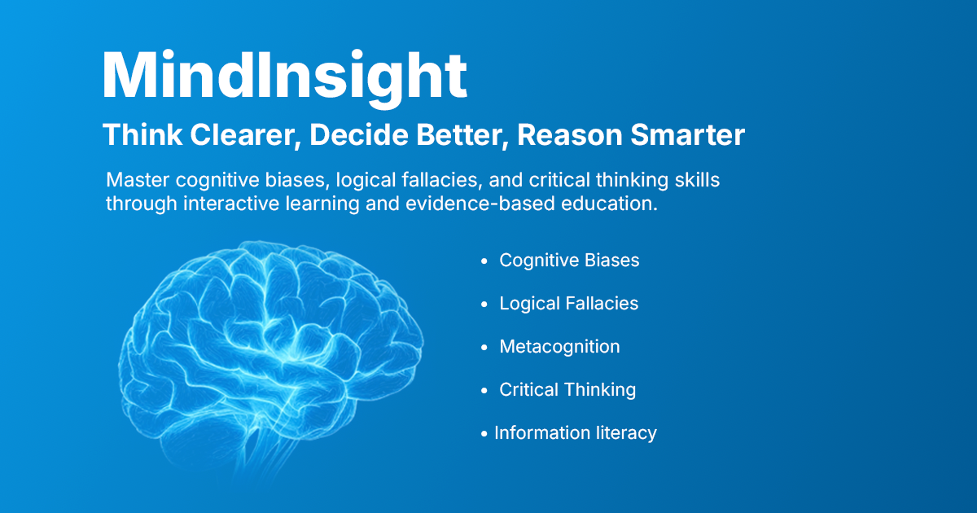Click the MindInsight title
[x=285, y=77]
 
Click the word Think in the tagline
[x=142, y=135]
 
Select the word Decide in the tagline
[x=359, y=135]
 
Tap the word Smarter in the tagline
[x=687, y=135]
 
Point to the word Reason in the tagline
[x=570, y=135]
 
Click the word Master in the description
[x=138, y=180]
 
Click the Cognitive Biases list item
[x=569, y=261]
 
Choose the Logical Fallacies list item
[x=569, y=304]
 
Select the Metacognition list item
[x=559, y=347]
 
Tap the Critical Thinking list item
[x=567, y=390]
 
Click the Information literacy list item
[x=576, y=433]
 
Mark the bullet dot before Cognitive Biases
[x=484, y=261]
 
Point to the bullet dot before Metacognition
[x=484, y=348]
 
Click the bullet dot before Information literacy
[x=484, y=434]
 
